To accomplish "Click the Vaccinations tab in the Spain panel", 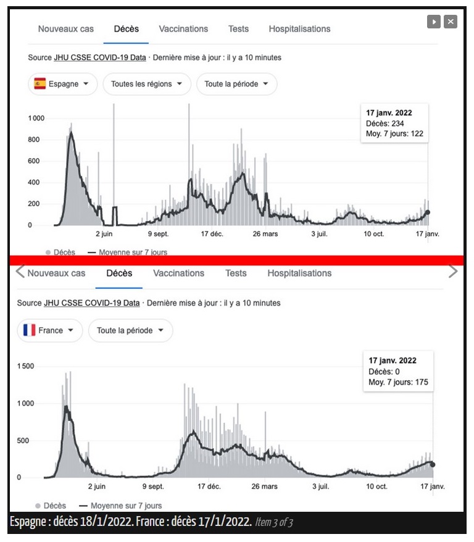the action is click(183, 28).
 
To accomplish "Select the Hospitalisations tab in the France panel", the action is click(299, 273).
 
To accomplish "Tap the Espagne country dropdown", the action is click(62, 84).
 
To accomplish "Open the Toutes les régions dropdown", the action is click(146, 84).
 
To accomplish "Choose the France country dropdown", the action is click(50, 330).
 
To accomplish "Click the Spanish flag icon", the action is click(39, 84).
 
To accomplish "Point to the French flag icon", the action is click(30, 330).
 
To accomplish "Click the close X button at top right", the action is click(451, 22).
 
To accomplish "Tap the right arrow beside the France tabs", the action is click(453, 271).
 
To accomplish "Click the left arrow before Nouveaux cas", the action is click(20, 271).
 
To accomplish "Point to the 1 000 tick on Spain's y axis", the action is click(36, 119).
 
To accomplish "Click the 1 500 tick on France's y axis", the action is click(25, 366).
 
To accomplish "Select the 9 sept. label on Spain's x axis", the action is click(158, 234).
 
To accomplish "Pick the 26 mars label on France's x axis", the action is click(264, 486).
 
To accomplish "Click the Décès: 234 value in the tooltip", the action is click(385, 123).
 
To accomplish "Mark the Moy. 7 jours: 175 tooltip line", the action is click(398, 382).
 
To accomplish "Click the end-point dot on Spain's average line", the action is click(427, 212).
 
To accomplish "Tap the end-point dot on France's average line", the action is click(433, 465).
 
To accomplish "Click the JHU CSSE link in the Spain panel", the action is click(100, 57).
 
